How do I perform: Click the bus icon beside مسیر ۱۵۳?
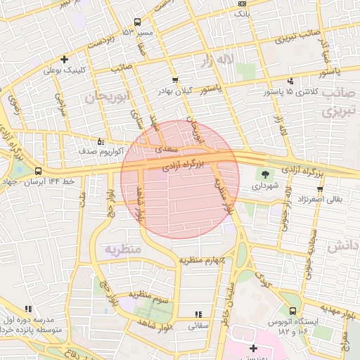tap(137, 21)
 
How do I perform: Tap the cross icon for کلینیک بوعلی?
tap(65, 60)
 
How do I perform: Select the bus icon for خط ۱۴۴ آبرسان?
tap(37, 171)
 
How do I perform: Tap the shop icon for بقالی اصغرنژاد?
tap(320, 189)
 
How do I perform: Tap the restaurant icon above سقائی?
tap(198, 314)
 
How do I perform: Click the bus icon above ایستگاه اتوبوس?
tap(292, 311)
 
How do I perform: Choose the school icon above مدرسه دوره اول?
tap(28, 309)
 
